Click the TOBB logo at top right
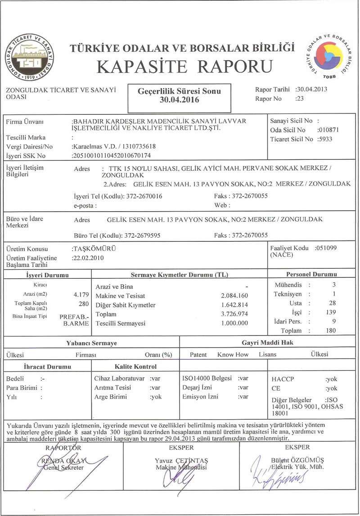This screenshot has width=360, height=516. click(x=329, y=55)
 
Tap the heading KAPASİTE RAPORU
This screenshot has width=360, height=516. click(x=185, y=67)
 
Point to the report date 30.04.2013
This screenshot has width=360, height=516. click(x=313, y=89)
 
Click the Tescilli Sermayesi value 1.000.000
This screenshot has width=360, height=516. click(x=234, y=323)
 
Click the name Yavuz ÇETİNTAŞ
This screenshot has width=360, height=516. click(x=181, y=461)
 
